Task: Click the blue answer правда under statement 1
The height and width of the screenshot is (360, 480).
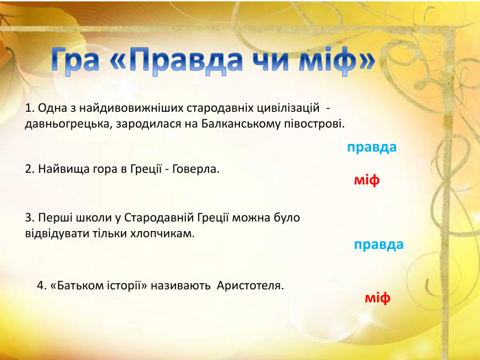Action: coord(372,147)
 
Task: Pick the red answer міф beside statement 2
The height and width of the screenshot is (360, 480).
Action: coord(367,180)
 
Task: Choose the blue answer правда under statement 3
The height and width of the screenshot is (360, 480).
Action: coord(379,245)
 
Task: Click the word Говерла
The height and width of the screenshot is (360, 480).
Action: coord(197,169)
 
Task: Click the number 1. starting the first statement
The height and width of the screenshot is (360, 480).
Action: coord(29,108)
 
